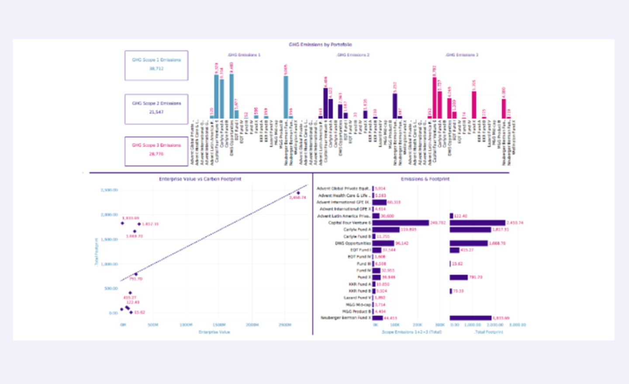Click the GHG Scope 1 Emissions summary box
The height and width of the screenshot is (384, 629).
click(156, 66)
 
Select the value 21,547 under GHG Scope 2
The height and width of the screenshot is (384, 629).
click(156, 112)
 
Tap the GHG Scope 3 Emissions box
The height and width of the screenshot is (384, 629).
click(156, 151)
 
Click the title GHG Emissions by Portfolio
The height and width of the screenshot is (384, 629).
click(320, 45)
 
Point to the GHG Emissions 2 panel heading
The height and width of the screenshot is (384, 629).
click(353, 55)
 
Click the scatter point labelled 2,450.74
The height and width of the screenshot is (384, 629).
click(298, 193)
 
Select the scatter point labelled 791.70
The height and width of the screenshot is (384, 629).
click(136, 274)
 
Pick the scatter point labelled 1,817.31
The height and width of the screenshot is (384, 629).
click(139, 224)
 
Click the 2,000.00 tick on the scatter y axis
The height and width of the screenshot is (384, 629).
click(109, 215)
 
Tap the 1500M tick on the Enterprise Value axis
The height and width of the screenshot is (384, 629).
click(219, 325)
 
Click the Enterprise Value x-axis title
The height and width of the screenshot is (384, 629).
click(214, 332)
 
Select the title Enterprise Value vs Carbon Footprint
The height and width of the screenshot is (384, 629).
click(200, 179)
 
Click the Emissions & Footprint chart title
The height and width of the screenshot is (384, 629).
click(425, 179)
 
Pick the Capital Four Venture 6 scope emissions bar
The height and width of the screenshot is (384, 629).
click(401, 223)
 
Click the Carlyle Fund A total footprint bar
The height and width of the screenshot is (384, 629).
click(470, 230)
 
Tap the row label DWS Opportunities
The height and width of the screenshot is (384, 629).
click(353, 243)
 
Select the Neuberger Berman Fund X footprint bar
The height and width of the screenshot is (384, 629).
click(470, 318)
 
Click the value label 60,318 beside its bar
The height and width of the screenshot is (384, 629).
click(394, 202)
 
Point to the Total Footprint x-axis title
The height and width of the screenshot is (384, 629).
click(489, 332)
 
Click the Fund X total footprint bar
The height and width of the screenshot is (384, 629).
click(459, 277)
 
